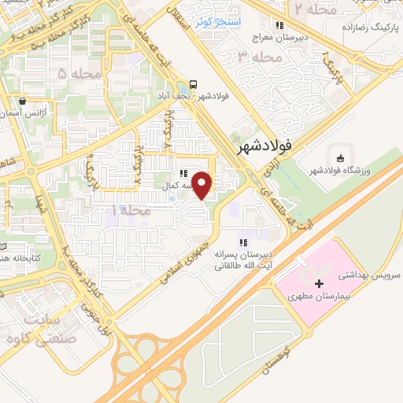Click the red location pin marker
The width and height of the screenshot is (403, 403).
pyautogui.click(x=202, y=185)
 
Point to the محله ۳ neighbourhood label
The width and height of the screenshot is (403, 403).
pyautogui.click(x=259, y=57)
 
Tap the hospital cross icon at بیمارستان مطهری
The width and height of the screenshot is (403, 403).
pyautogui.click(x=318, y=284)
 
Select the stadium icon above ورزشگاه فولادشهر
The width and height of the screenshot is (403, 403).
pyautogui.click(x=339, y=155)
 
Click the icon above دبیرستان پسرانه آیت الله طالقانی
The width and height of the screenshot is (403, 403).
pyautogui.click(x=243, y=242)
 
